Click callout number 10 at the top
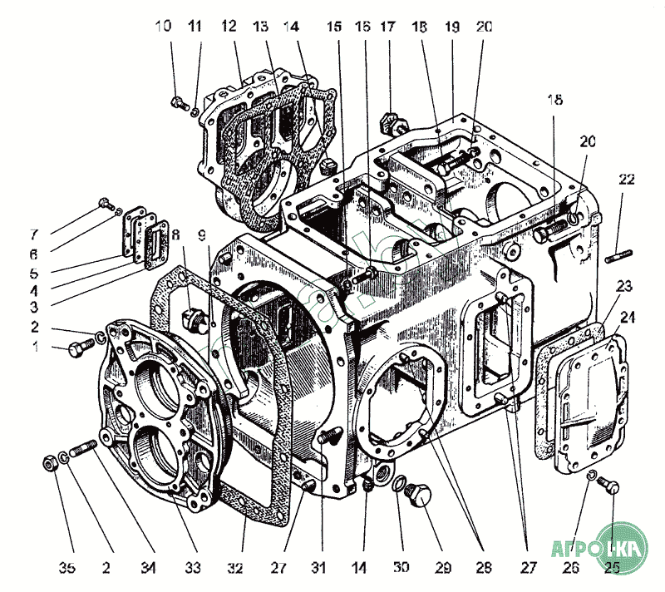(x=165, y=26)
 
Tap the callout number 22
(x=627, y=180)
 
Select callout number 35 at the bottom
(x=67, y=569)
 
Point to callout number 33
(x=193, y=569)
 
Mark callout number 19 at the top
(x=453, y=26)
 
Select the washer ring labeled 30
(x=401, y=485)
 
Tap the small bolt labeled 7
(x=105, y=202)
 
